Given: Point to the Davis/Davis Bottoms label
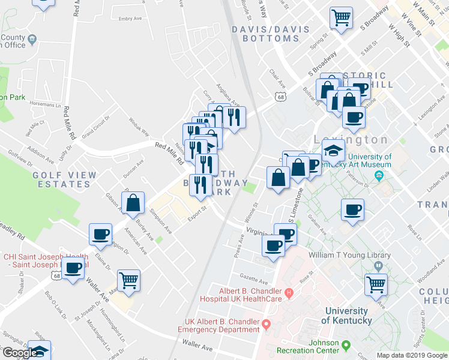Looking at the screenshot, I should tap(276, 34).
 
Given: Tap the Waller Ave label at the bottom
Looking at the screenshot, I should tap(198, 347).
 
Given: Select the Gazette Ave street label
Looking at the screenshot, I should tap(253, 280).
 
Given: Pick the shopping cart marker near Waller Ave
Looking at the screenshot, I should tap(129, 280).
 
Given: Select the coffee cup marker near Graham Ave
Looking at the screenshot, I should tap(352, 210).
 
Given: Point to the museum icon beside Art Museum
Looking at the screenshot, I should tap(379, 175).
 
